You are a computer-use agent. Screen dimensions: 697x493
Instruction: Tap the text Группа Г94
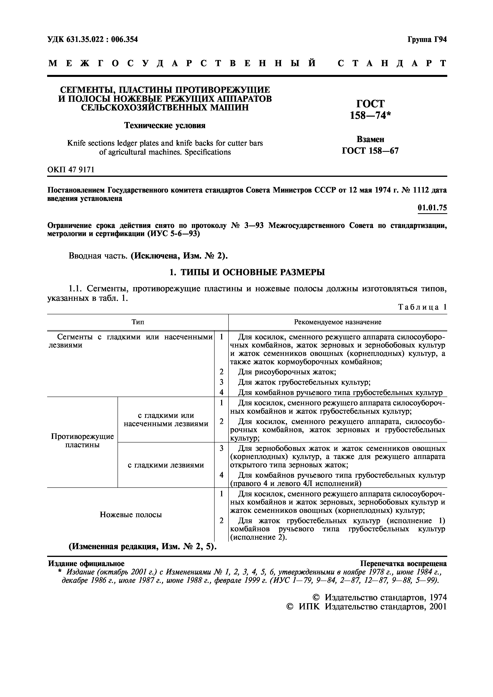point(427,40)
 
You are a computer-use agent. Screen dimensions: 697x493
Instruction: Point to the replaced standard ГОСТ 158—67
point(370,151)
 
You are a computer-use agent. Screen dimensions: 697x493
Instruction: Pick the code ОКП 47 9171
point(71,170)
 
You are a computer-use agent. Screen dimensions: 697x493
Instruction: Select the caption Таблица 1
point(422,307)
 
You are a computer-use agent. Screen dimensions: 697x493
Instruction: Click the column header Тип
point(138,322)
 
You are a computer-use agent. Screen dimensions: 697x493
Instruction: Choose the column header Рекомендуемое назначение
point(337,322)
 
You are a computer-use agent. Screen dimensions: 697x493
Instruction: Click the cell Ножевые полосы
point(131,515)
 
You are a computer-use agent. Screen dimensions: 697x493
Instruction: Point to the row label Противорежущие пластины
point(82,440)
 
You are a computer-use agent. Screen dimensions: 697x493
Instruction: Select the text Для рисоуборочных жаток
point(287,372)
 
